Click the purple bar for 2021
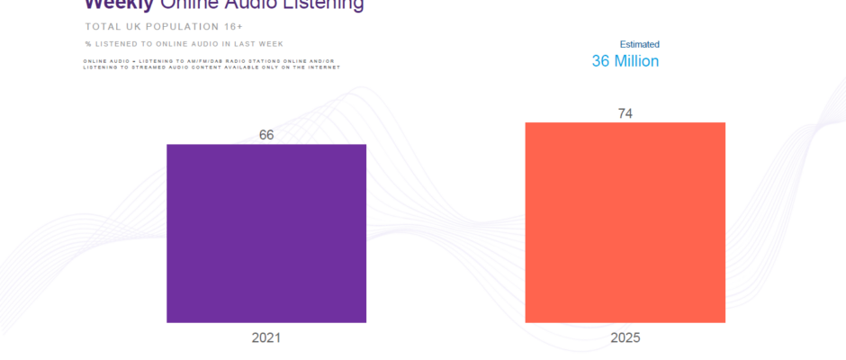[266, 233]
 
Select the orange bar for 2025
[625, 221]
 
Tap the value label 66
[266, 135]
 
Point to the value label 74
[625, 113]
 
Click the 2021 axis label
[266, 338]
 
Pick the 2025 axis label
[625, 338]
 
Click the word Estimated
[639, 44]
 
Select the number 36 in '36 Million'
[601, 61]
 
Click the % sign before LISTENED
[87, 43]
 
